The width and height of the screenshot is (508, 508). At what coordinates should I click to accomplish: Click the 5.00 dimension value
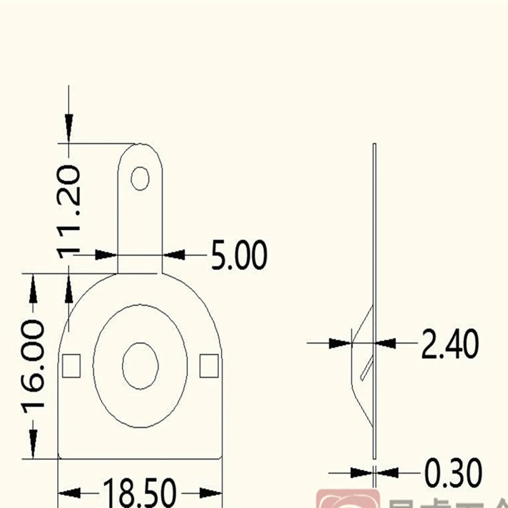[239, 255]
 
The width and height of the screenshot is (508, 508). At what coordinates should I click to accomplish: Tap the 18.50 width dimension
[140, 493]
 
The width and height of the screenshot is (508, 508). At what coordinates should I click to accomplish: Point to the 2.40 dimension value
[450, 344]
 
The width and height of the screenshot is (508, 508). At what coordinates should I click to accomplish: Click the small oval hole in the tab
[140, 178]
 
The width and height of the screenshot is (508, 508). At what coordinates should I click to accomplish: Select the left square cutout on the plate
[71, 365]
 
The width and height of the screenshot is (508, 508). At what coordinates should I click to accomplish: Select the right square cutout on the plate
[209, 365]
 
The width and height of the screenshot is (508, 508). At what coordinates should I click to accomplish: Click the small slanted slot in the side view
[366, 368]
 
